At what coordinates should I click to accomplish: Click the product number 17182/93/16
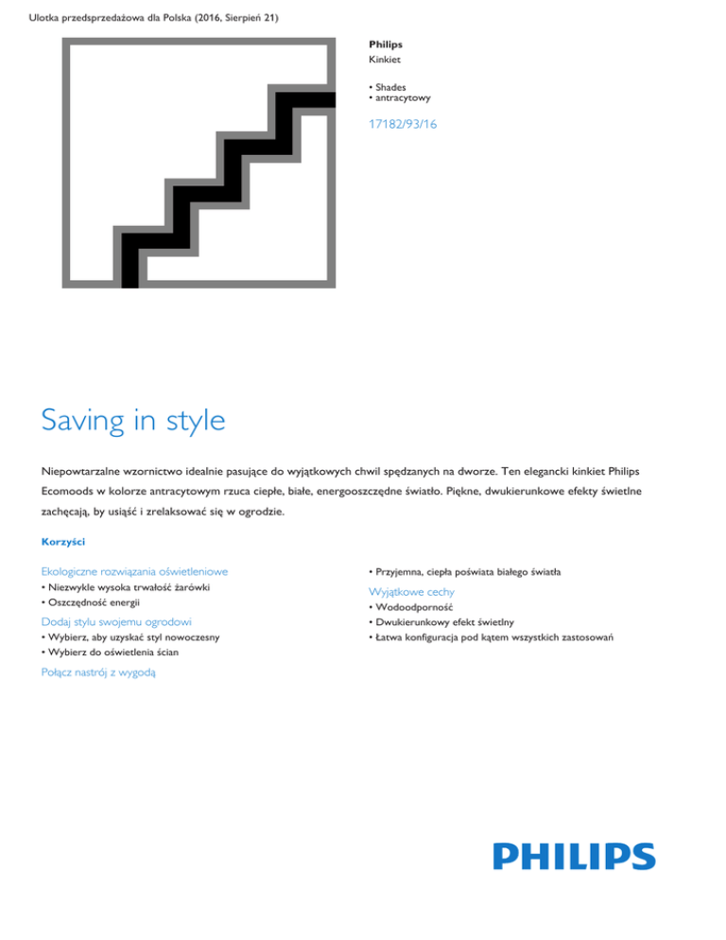pos(404,150)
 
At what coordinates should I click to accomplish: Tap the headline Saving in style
pos(133,419)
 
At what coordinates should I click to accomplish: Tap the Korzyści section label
pos(65,542)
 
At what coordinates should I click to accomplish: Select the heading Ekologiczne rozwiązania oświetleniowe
pos(133,571)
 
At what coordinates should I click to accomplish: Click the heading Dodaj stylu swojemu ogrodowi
pos(117,621)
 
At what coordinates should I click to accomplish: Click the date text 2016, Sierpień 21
pos(241,17)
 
